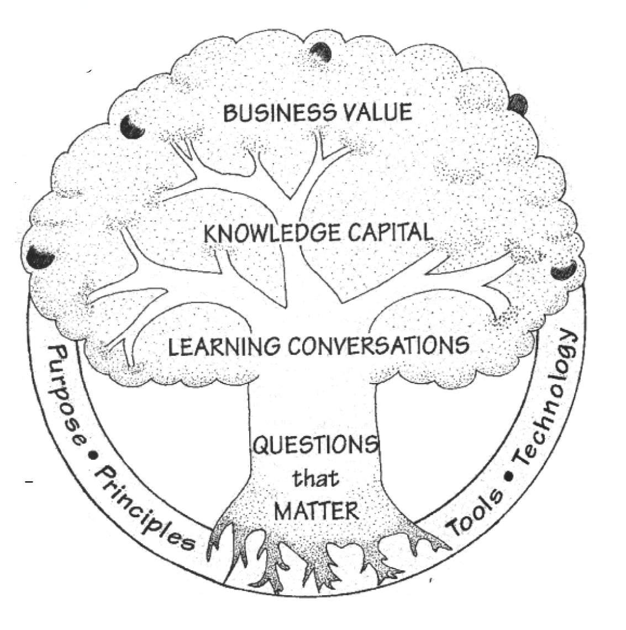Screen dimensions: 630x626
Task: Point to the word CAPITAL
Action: pyautogui.click(x=390, y=232)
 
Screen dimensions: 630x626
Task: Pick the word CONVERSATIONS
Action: pyautogui.click(x=378, y=346)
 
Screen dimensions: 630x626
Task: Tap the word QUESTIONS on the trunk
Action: pyautogui.click(x=315, y=445)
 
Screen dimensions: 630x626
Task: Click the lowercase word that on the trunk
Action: pyautogui.click(x=315, y=478)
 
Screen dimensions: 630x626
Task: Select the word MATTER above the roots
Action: pyautogui.click(x=315, y=510)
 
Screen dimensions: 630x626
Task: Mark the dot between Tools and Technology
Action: pyautogui.click(x=508, y=474)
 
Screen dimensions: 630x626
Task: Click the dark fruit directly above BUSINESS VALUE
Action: pyautogui.click(x=321, y=53)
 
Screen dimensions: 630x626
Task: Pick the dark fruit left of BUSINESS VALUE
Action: pyautogui.click(x=131, y=127)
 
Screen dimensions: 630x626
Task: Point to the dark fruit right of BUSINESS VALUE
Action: pyautogui.click(x=518, y=103)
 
